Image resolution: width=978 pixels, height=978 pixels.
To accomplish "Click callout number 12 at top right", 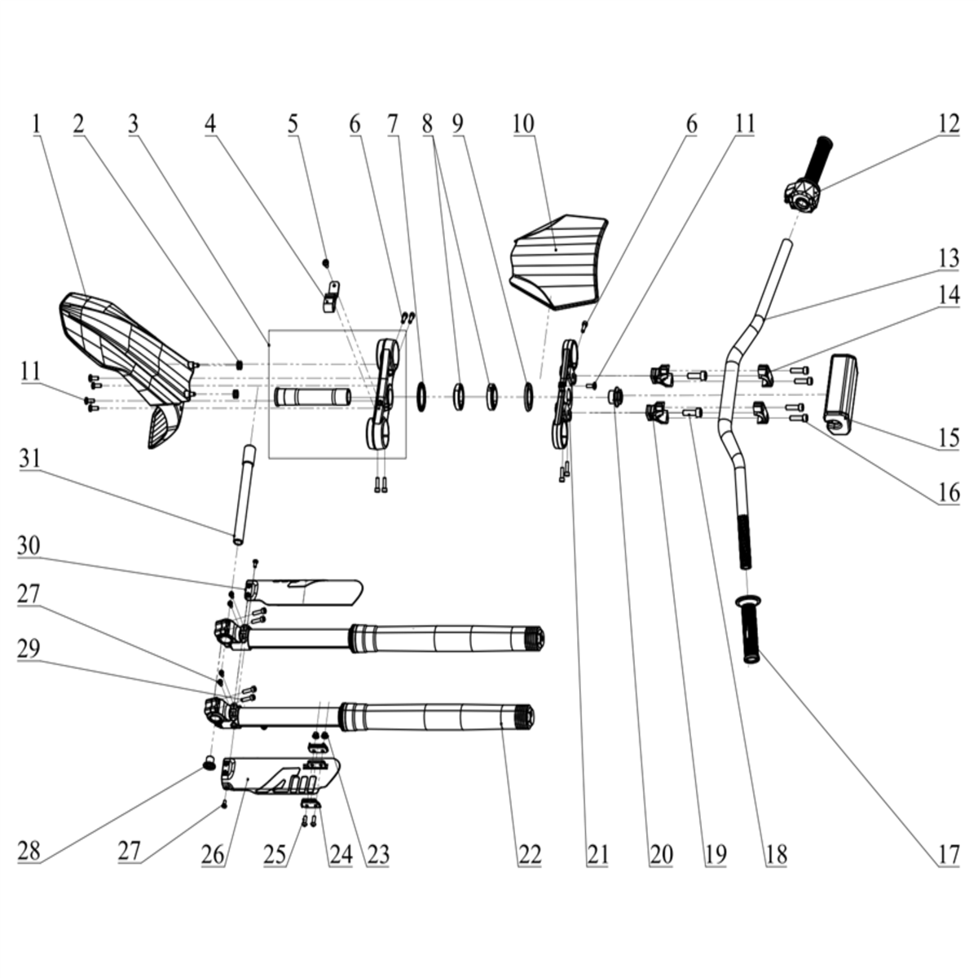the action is (948, 125).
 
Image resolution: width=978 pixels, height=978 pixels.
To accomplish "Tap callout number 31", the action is (29, 460).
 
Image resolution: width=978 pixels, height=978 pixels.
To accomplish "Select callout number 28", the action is (29, 851).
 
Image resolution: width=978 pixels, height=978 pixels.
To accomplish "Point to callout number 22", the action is (530, 853).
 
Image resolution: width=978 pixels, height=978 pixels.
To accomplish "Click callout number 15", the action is (948, 438).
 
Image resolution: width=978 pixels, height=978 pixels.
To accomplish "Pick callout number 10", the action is (523, 125).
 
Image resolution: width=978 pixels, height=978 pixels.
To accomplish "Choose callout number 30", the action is (29, 547).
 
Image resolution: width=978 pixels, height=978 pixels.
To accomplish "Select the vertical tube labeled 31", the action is (244, 496).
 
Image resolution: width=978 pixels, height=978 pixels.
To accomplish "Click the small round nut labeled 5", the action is (326, 262).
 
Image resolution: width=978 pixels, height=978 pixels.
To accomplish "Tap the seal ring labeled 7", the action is (421, 397).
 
